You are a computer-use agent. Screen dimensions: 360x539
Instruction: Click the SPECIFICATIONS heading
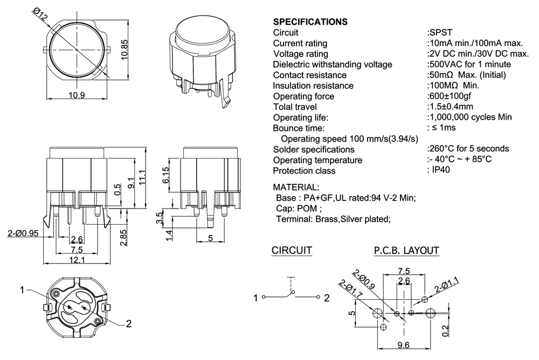(310, 22)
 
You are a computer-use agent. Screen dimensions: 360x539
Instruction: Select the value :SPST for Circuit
(439, 32)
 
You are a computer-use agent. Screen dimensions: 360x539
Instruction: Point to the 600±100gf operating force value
(449, 96)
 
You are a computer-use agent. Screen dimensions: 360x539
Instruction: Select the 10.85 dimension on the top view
(124, 52)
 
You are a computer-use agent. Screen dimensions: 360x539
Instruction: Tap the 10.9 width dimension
(78, 95)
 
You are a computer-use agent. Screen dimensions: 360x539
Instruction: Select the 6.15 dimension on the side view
(166, 175)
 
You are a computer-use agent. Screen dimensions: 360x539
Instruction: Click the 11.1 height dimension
(142, 177)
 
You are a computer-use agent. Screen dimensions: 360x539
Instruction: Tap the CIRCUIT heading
(292, 251)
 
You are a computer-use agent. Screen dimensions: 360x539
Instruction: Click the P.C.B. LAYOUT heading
(406, 251)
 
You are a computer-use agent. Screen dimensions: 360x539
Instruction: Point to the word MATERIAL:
(296, 188)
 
